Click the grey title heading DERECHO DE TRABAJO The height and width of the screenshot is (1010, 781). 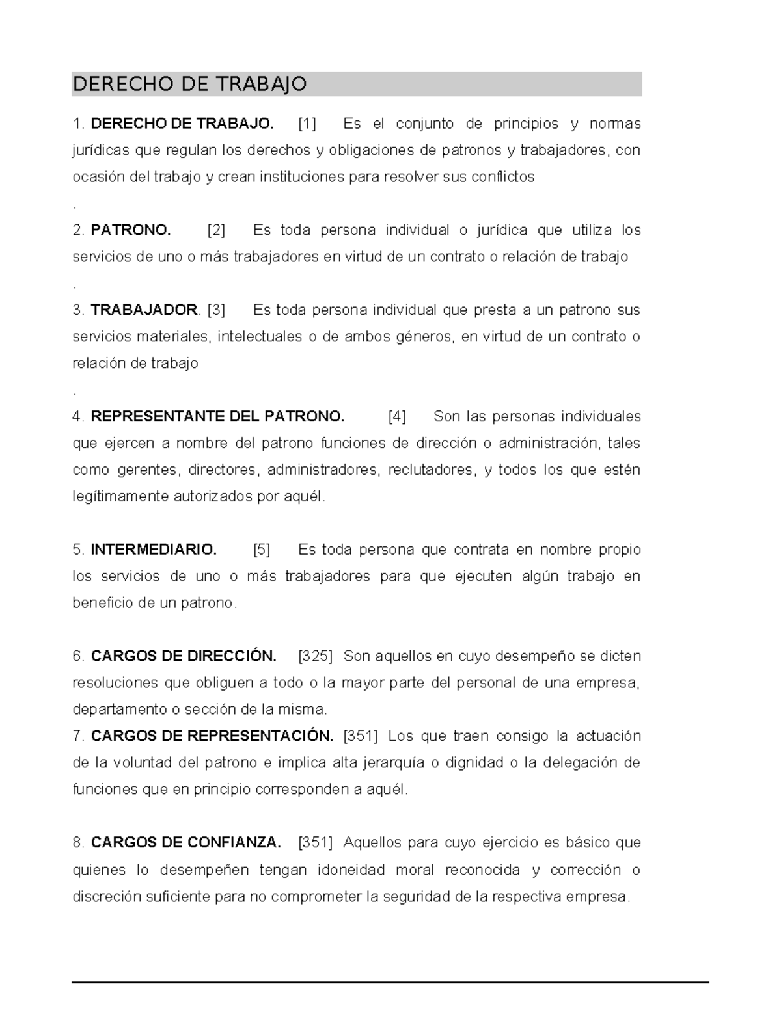point(189,85)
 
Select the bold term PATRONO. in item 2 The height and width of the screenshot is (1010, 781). point(131,230)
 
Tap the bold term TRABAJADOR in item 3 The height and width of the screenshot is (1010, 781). point(144,310)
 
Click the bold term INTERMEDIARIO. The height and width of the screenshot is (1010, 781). point(154,550)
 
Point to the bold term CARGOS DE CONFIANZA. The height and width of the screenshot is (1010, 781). point(186,843)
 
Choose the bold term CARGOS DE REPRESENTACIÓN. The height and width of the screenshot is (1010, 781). point(212,736)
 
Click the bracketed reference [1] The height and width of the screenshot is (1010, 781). point(307,124)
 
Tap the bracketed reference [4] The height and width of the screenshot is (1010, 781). point(397,417)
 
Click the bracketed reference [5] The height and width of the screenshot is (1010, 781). point(262,550)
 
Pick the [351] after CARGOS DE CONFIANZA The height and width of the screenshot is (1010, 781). point(315,843)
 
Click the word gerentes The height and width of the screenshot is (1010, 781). point(152,470)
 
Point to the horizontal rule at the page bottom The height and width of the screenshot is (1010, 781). point(390,981)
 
